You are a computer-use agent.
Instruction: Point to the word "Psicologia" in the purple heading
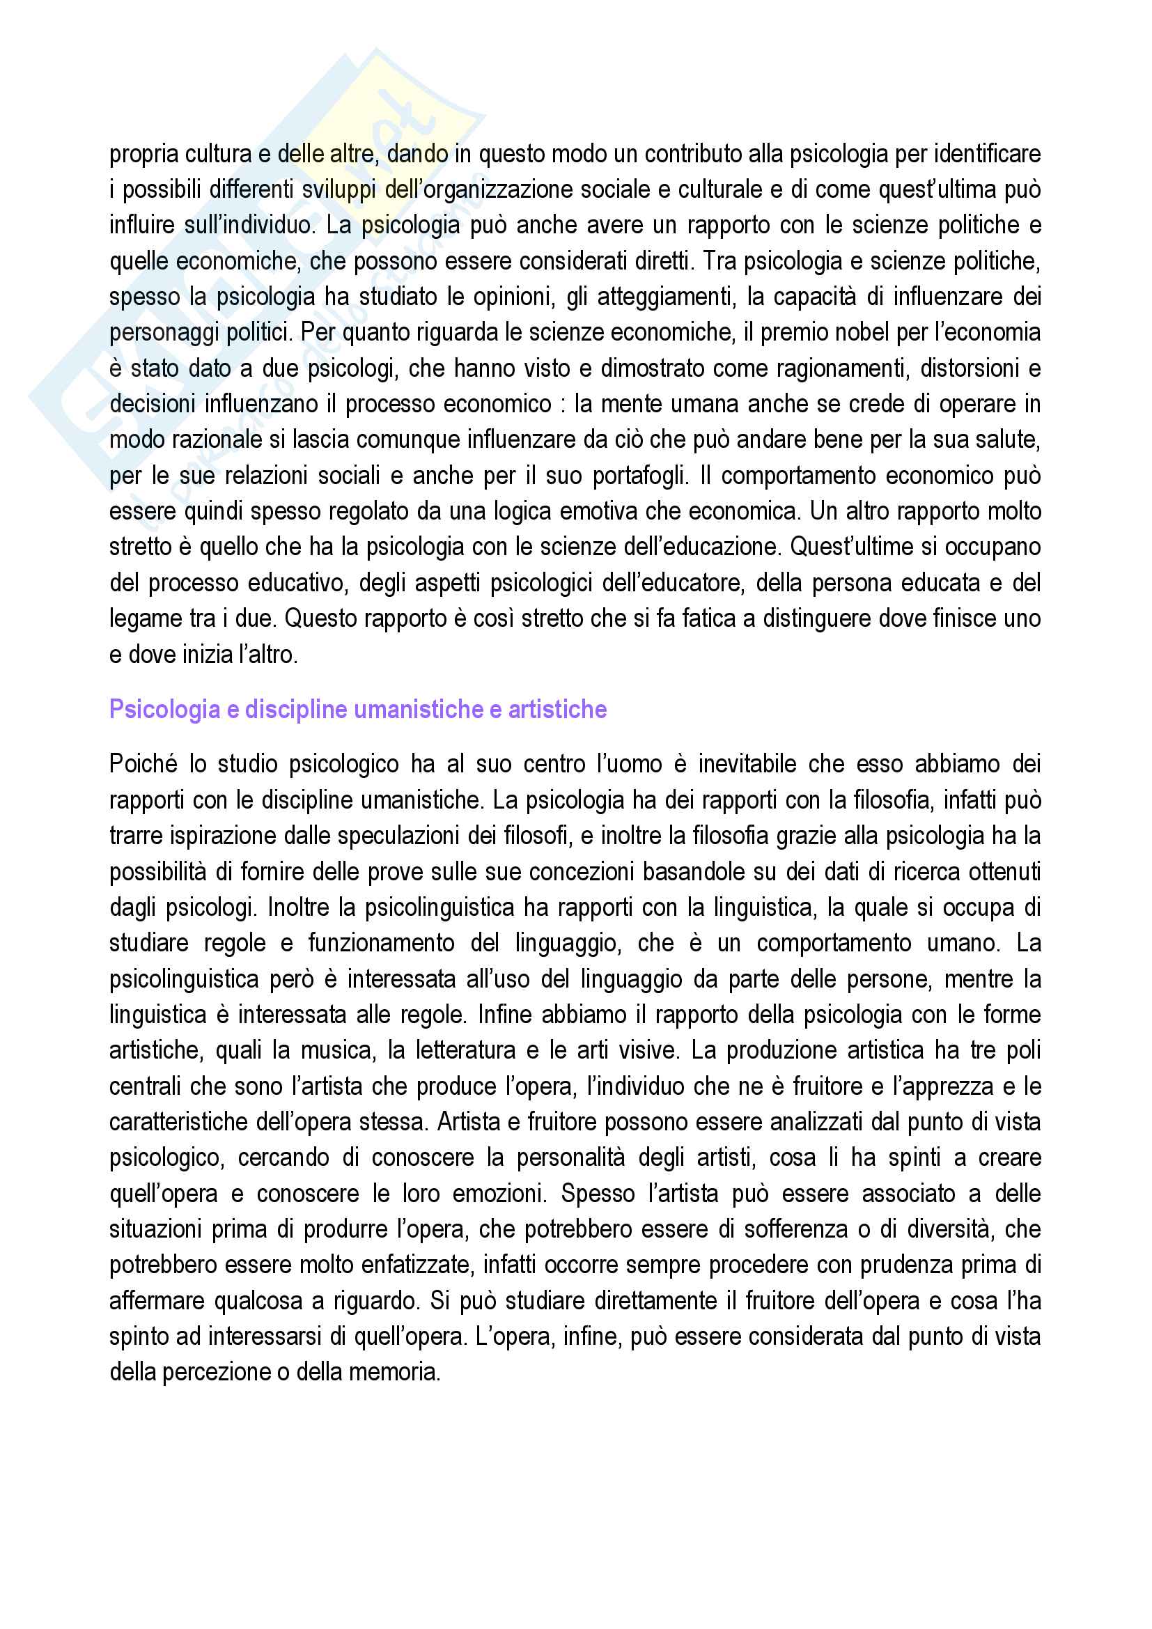click(164, 710)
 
